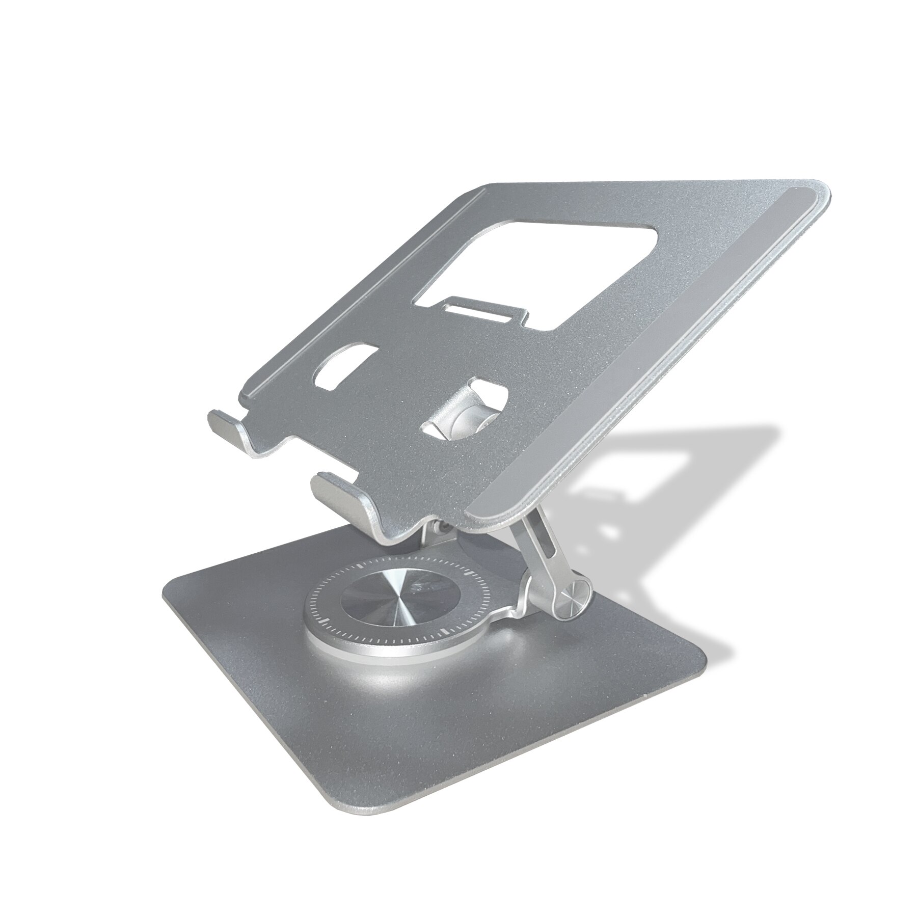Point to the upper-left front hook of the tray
pos(224,413)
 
